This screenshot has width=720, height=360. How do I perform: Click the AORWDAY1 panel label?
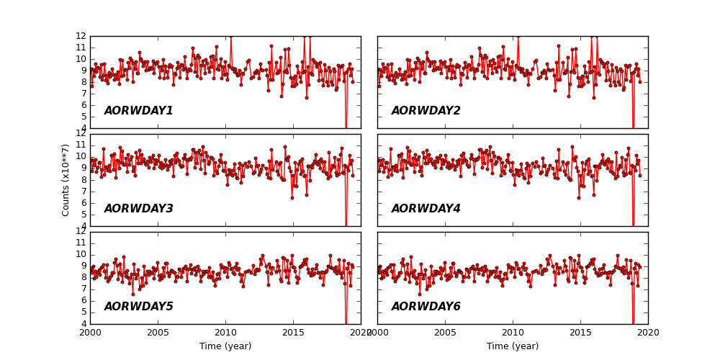(x=138, y=111)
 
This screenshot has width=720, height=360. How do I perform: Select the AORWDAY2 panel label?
(x=426, y=111)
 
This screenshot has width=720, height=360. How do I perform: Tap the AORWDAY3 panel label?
(x=138, y=209)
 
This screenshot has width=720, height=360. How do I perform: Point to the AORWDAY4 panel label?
(x=426, y=209)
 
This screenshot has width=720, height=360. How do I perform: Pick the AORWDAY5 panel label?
(x=138, y=307)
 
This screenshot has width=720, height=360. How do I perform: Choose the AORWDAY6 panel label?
(x=426, y=307)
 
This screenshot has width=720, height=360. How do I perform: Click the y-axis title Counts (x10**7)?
(x=66, y=180)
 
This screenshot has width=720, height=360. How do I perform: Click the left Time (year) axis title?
(x=225, y=346)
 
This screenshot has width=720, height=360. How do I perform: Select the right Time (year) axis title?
(x=513, y=346)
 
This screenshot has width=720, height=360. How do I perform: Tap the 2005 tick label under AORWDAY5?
(x=158, y=333)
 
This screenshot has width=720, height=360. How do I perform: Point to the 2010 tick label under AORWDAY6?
(x=513, y=333)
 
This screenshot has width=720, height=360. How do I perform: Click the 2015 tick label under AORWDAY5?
(x=293, y=333)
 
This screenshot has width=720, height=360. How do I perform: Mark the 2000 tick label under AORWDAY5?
(x=90, y=333)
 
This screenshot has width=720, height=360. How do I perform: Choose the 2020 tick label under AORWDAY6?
(x=647, y=333)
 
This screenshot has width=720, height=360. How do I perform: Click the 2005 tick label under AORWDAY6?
(x=445, y=333)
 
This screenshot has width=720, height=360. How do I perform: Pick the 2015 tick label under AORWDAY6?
(x=580, y=333)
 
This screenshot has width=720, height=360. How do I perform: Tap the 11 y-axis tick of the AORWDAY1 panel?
(x=81, y=48)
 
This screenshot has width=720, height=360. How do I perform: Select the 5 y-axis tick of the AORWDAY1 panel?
(x=84, y=117)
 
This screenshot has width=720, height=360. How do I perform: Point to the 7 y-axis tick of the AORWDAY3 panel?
(x=84, y=192)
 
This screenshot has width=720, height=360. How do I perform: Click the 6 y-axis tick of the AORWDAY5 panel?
(x=84, y=301)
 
